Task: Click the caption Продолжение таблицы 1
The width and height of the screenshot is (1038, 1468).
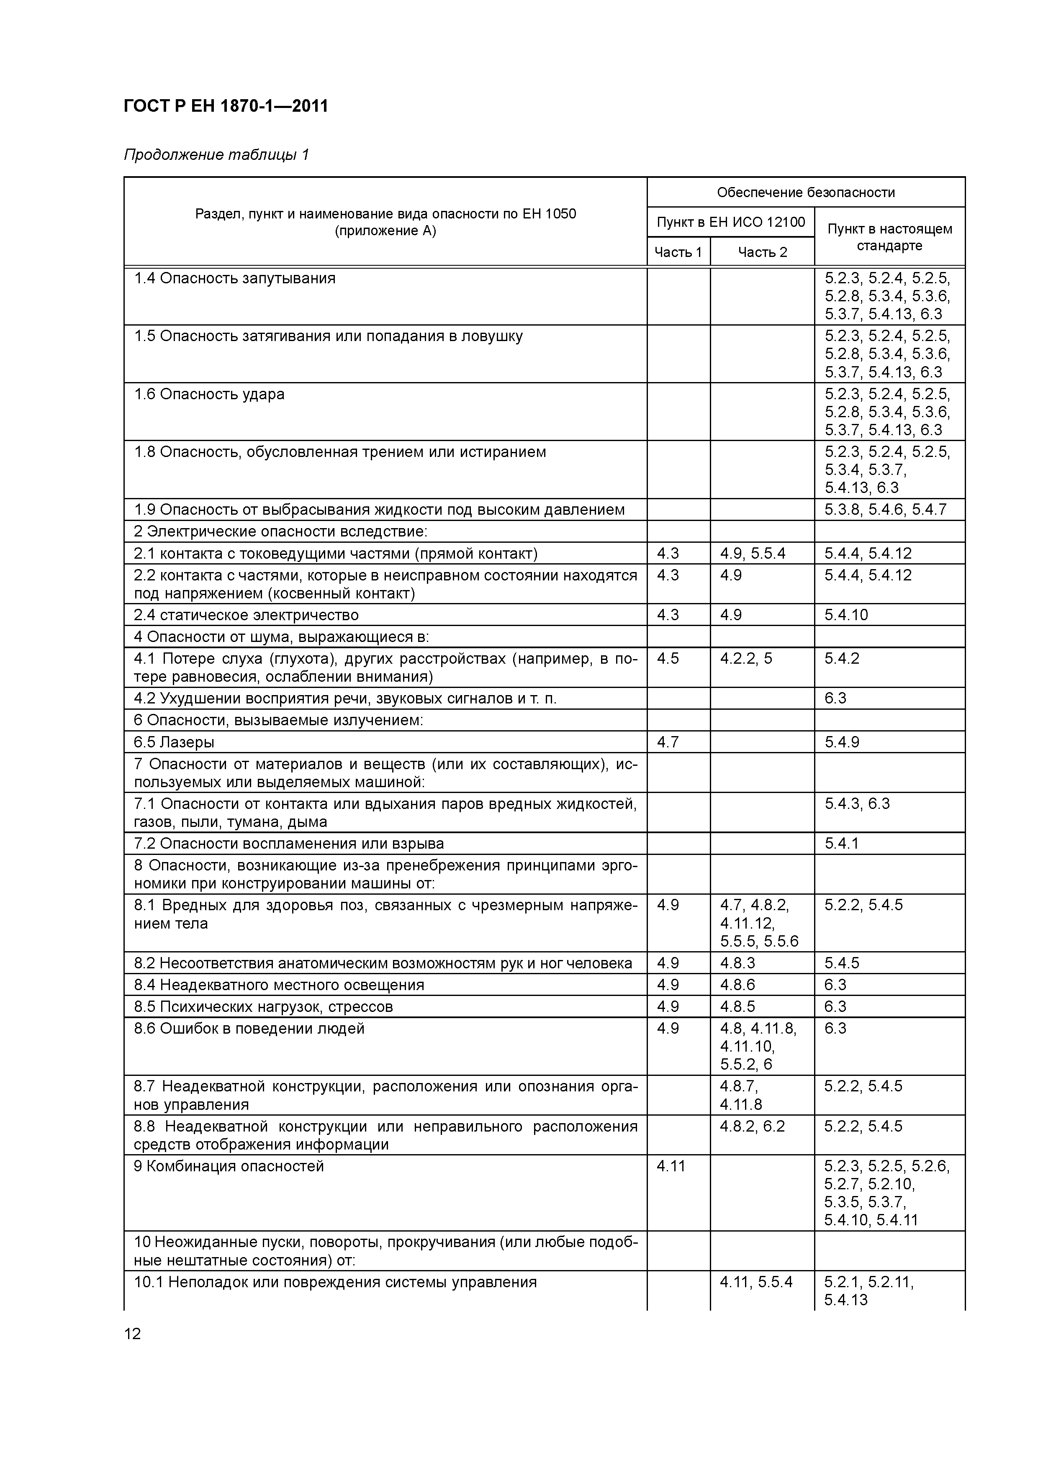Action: [216, 155]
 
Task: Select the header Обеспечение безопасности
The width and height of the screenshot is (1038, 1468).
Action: [805, 192]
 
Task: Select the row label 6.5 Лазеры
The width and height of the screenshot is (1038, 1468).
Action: [174, 742]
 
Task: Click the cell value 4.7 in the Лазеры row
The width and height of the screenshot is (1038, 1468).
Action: [668, 742]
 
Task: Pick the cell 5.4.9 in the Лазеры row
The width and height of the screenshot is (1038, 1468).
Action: [842, 742]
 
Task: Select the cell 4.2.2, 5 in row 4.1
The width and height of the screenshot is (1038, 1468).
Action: [746, 659]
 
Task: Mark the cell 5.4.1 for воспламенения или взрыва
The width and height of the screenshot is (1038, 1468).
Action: [841, 844]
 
